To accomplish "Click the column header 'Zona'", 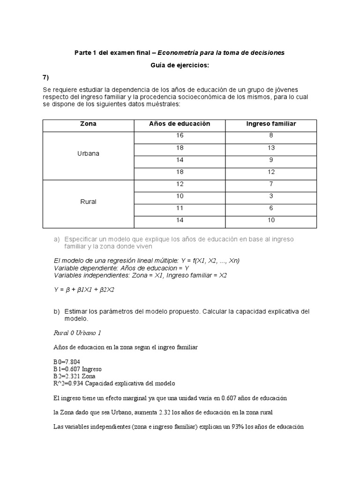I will [x=88, y=124].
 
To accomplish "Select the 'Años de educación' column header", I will [x=180, y=124].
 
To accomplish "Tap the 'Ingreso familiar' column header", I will [x=271, y=124].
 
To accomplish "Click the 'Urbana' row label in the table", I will [x=88, y=153].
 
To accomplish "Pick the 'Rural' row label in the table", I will [x=88, y=202].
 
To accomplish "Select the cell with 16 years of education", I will [x=180, y=136].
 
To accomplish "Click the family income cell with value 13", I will [x=271, y=148].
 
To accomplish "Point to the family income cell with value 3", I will [x=271, y=196].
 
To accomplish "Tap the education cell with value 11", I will [x=180, y=208].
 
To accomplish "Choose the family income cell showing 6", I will [x=271, y=208].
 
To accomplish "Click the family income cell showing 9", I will [x=271, y=160].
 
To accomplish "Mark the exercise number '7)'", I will [x=46, y=77].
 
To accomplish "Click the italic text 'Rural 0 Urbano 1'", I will [x=77, y=333].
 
